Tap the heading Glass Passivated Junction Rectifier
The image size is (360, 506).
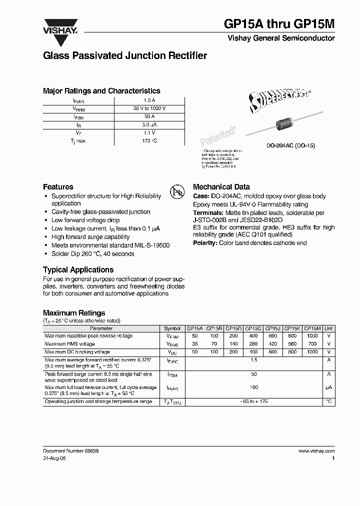[x=125, y=56]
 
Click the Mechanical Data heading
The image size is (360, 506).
[x=221, y=186]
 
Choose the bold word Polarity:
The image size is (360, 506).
[x=205, y=243]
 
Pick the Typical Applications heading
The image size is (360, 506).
[x=78, y=269]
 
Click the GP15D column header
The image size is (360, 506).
[x=233, y=328]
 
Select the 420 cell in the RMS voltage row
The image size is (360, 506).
[x=273, y=344]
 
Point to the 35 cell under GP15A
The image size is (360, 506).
[x=194, y=344]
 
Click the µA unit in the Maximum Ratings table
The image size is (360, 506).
[x=328, y=387]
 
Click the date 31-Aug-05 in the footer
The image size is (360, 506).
[x=54, y=458]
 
